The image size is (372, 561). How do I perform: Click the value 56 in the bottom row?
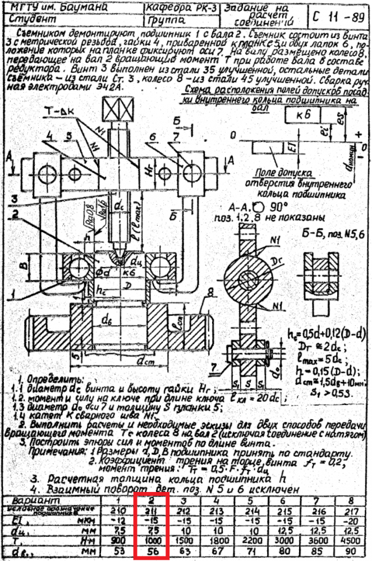click(x=151, y=551)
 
